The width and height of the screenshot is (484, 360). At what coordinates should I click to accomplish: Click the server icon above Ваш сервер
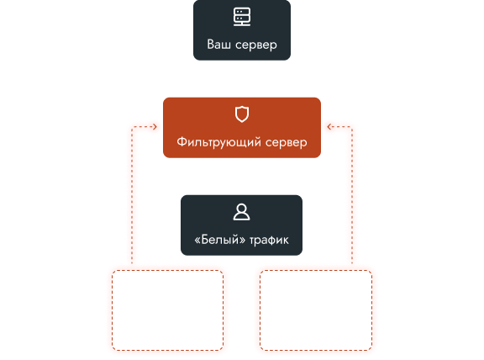click(x=242, y=17)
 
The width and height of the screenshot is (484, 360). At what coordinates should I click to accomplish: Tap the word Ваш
click(x=218, y=45)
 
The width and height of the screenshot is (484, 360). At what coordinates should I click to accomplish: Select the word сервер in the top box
click(x=256, y=45)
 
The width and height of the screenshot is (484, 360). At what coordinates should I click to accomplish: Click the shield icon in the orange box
click(x=242, y=114)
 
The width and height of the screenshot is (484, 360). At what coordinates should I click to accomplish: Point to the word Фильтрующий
click(x=218, y=142)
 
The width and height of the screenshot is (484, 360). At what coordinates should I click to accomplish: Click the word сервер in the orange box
click(x=287, y=143)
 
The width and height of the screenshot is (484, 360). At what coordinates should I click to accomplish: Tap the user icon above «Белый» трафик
click(x=241, y=212)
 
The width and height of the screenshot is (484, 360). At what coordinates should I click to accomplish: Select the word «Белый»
click(x=220, y=240)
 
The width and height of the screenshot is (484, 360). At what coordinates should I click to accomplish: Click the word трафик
click(x=269, y=241)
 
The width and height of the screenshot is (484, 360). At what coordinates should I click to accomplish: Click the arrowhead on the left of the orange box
click(x=155, y=127)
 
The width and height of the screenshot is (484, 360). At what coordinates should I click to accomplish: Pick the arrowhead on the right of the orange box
click(x=329, y=127)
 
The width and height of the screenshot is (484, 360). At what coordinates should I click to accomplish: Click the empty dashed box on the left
click(x=112, y=310)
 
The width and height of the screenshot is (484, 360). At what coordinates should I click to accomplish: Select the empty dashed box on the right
click(x=260, y=310)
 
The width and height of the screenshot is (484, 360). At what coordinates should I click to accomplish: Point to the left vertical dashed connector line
click(x=132, y=195)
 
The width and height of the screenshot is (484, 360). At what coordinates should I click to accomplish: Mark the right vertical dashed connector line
click(x=352, y=195)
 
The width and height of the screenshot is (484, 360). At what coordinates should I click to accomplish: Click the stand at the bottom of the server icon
click(x=242, y=24)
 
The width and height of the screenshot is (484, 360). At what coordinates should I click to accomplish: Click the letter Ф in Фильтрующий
click(x=182, y=142)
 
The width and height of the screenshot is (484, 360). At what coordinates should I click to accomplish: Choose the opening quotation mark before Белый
click(x=197, y=241)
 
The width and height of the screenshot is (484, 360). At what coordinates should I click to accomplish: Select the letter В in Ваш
click(x=211, y=45)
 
